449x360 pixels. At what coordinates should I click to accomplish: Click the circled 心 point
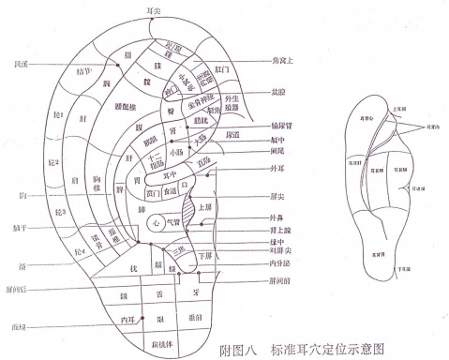(x=158, y=220)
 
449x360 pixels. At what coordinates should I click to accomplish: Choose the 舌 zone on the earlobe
(x=159, y=294)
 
